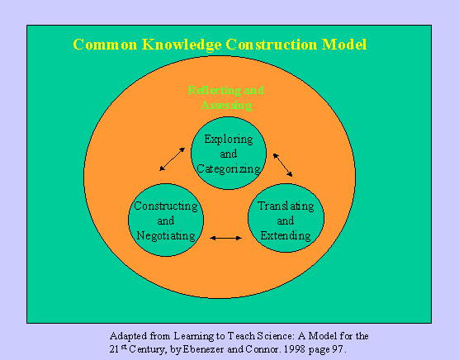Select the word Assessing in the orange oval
click(x=227, y=105)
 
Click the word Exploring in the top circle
click(x=228, y=139)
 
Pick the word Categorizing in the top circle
click(x=228, y=168)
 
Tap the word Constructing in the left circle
click(x=166, y=206)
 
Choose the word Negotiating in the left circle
click(x=166, y=235)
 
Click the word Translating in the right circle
click(x=286, y=206)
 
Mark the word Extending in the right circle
click(x=286, y=235)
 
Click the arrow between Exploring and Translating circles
click(x=282, y=163)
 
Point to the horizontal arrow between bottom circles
click(x=225, y=239)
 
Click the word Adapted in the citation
click(x=128, y=336)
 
